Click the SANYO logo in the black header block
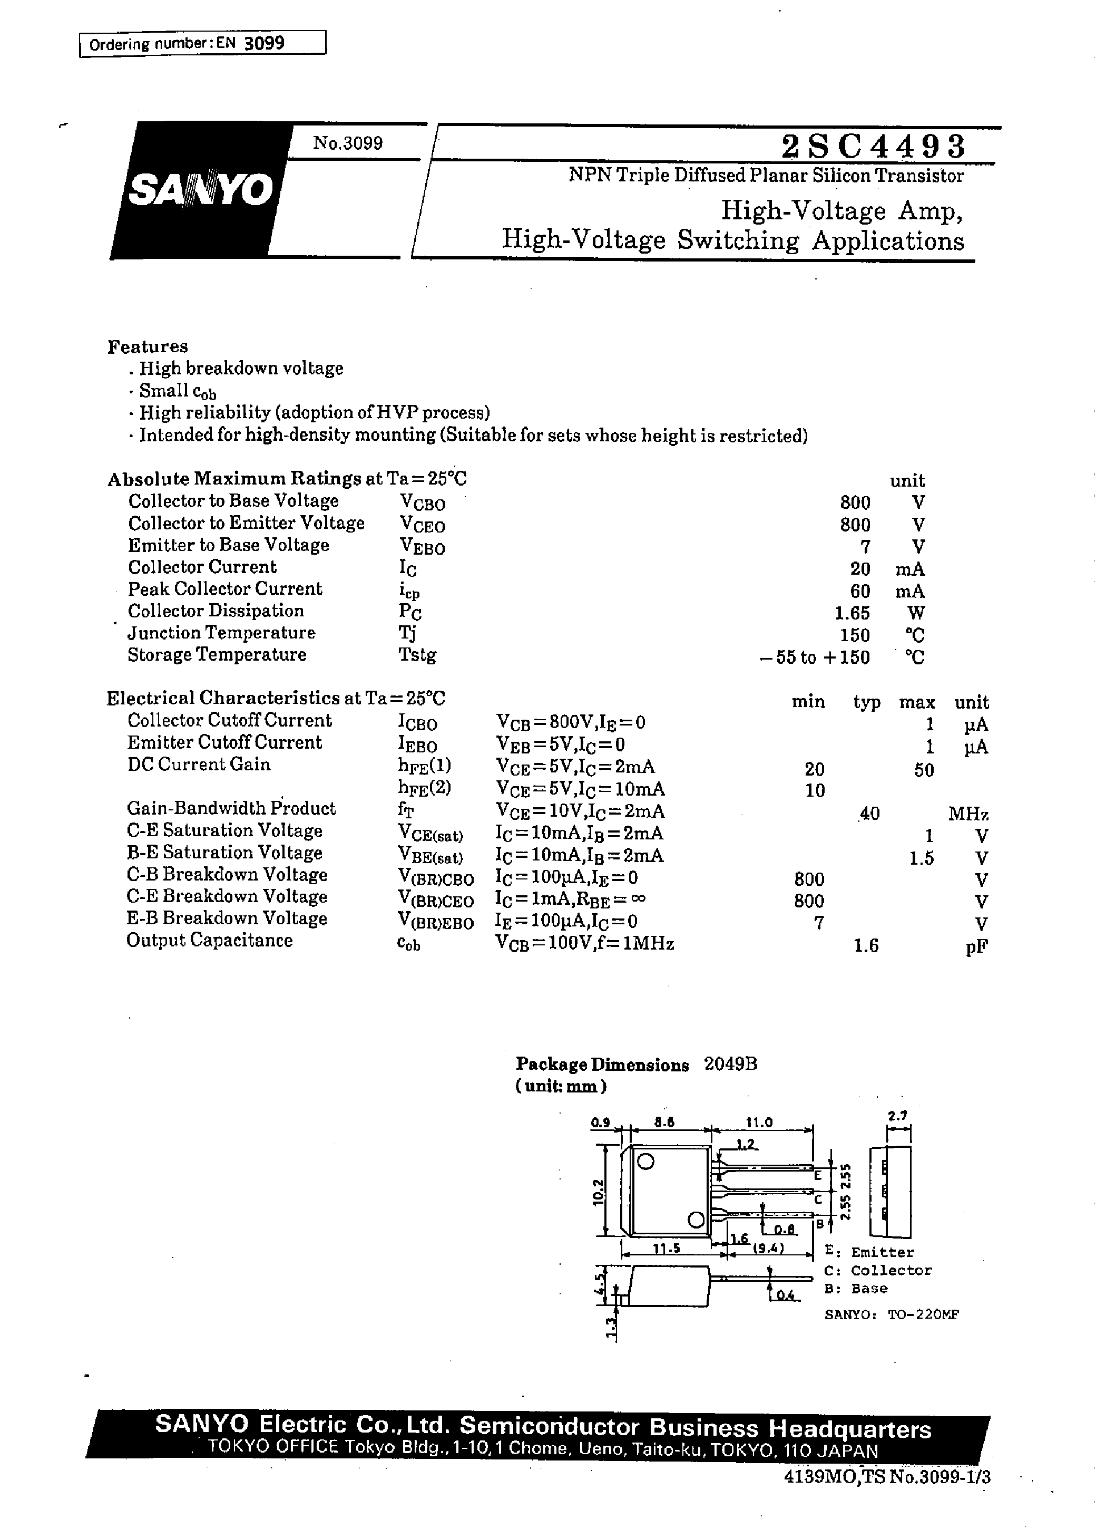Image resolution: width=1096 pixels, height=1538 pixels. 201,190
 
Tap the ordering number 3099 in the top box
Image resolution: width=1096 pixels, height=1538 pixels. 264,43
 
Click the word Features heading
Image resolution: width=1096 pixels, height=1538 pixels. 148,346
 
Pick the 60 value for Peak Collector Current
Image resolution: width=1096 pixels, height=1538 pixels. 860,592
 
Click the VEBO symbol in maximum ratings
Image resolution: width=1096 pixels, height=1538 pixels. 423,546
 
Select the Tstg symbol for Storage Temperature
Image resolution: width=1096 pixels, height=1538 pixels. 417,655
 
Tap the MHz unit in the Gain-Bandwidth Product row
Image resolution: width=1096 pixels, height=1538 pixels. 968,814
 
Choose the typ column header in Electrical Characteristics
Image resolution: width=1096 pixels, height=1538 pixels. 867,702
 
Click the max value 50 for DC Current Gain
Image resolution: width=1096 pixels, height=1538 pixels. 924,770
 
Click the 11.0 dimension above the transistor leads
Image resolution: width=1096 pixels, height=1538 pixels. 759,1122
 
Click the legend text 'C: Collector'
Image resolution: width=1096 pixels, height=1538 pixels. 877,1270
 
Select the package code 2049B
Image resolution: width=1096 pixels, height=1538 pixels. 730,1064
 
